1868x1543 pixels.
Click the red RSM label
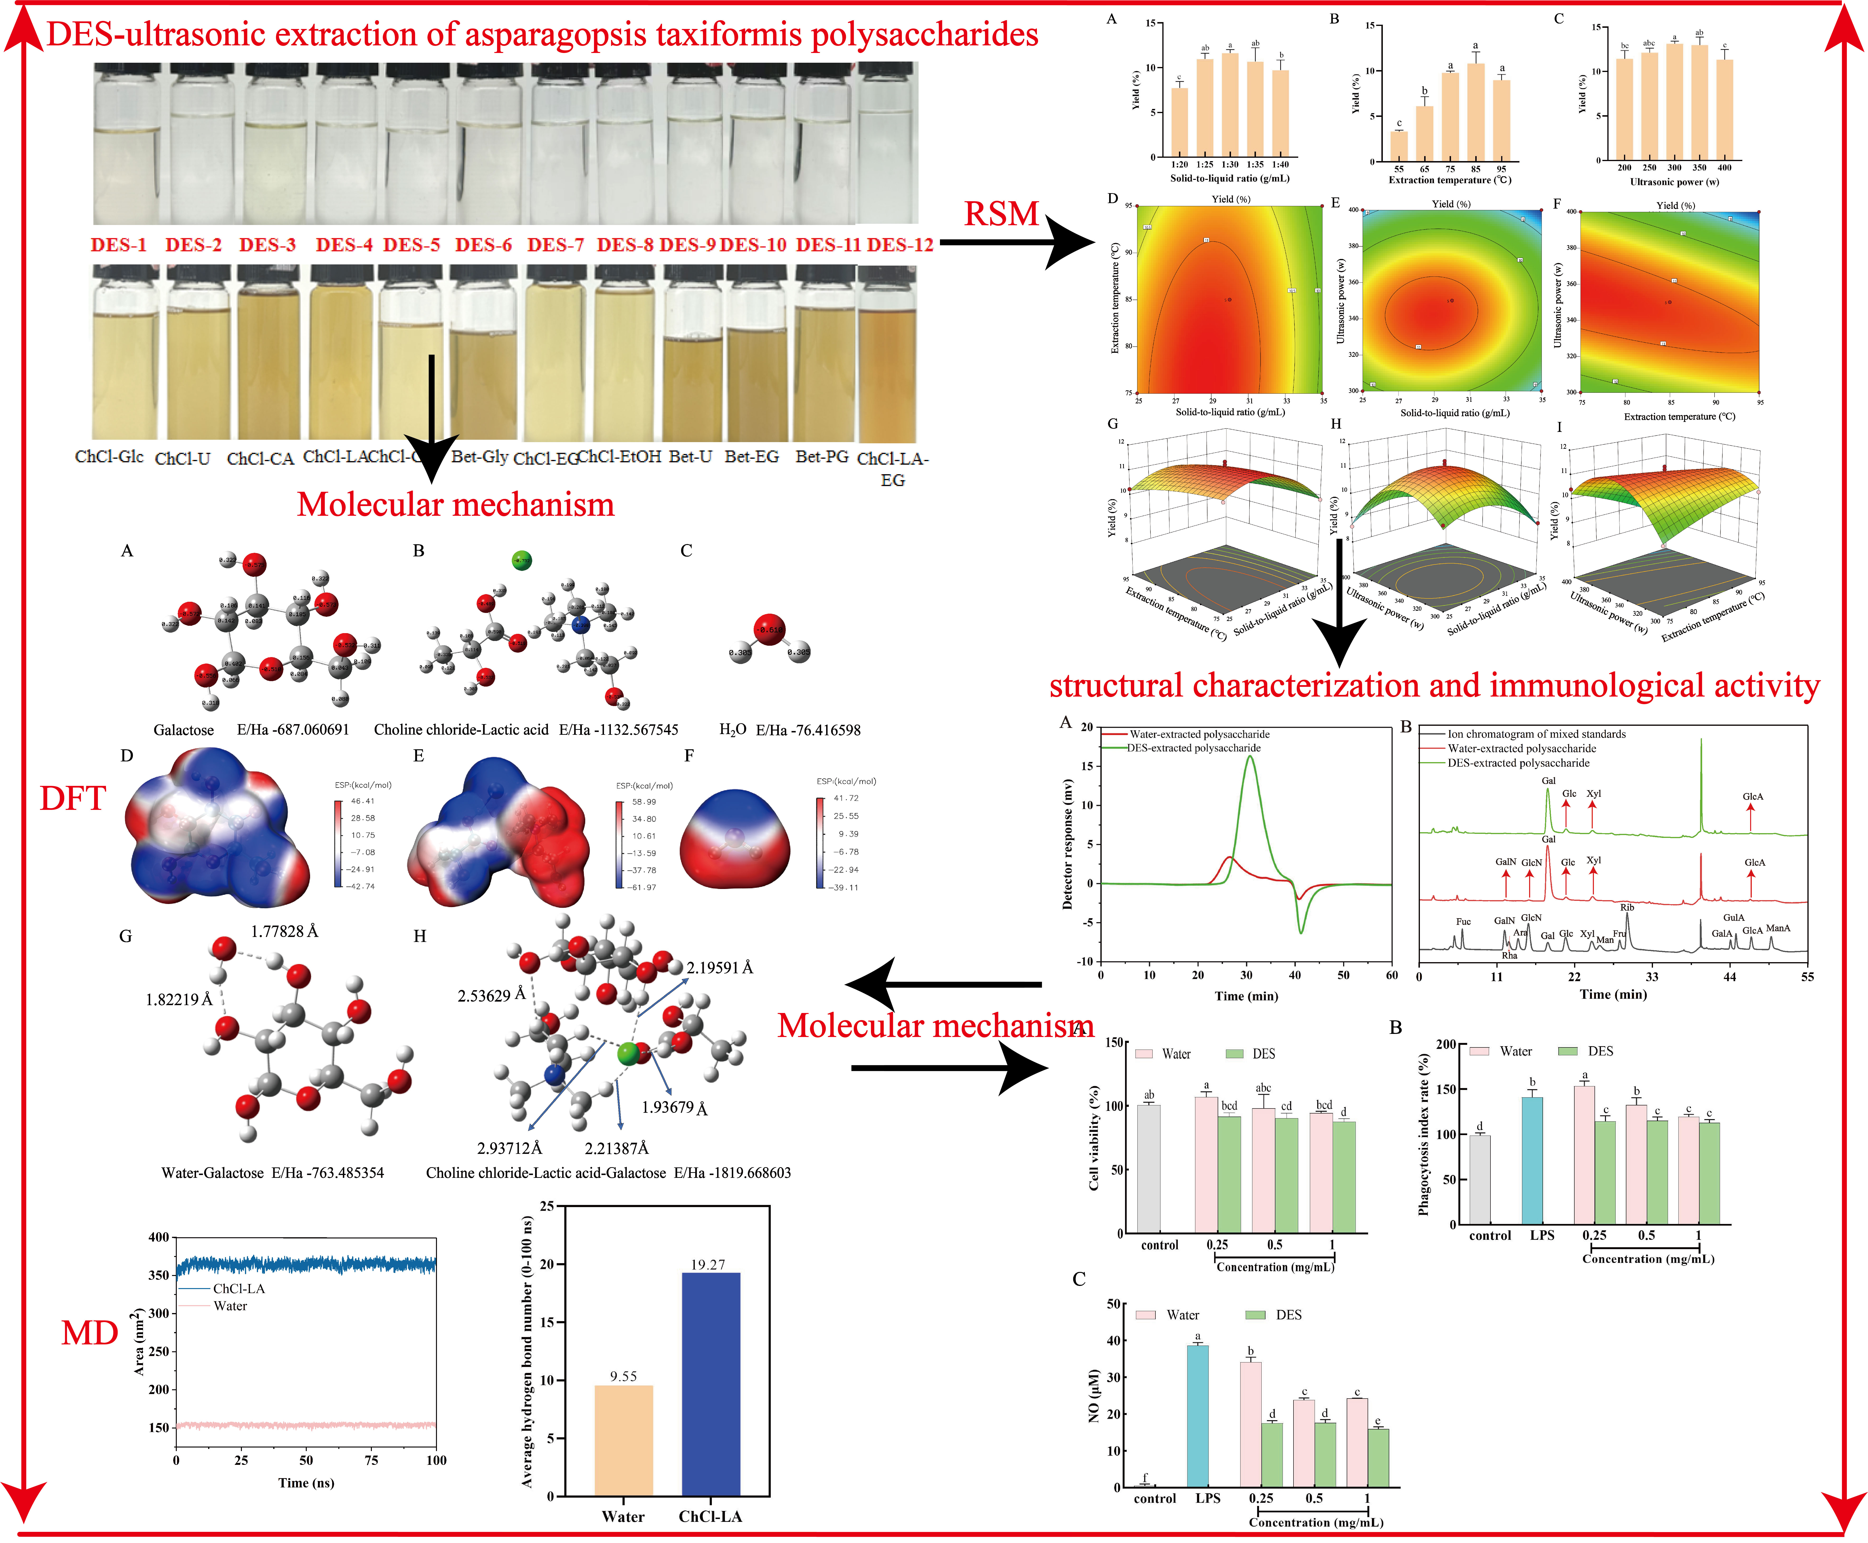click(1001, 214)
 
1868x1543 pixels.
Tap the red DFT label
click(73, 798)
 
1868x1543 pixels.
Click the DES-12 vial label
click(900, 245)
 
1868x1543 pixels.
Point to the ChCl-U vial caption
click(182, 459)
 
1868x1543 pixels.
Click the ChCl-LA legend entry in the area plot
click(238, 1288)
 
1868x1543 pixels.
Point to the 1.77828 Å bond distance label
click(284, 932)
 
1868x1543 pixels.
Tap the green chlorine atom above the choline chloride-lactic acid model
click(522, 560)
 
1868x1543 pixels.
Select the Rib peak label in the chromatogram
click(1627, 908)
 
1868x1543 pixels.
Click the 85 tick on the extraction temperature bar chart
click(1476, 169)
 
